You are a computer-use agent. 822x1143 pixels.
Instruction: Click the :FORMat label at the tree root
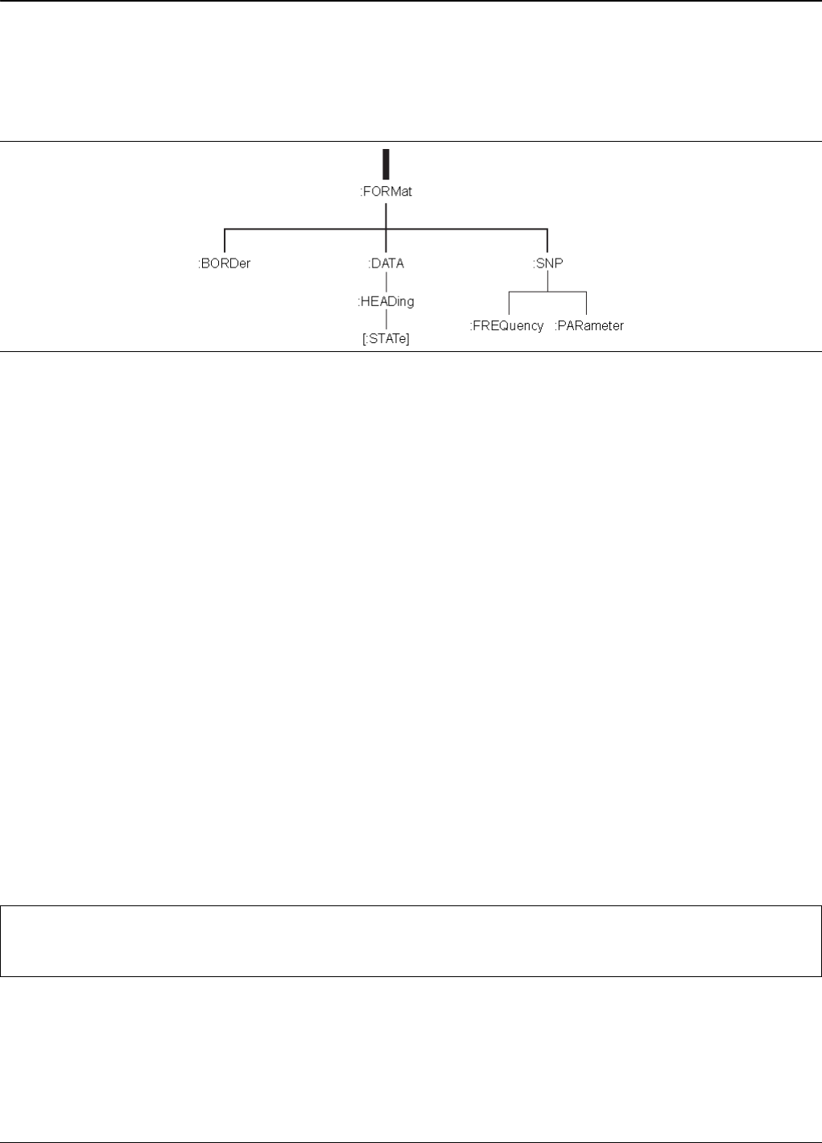pyautogui.click(x=386, y=192)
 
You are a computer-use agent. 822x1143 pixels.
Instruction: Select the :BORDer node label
pyautogui.click(x=225, y=263)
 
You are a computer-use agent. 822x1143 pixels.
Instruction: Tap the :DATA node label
pyautogui.click(x=386, y=263)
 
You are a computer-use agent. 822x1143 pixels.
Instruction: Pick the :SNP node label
pyautogui.click(x=547, y=263)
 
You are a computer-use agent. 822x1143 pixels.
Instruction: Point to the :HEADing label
pyautogui.click(x=386, y=301)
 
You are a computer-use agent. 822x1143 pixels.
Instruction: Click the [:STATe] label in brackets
pyautogui.click(x=386, y=339)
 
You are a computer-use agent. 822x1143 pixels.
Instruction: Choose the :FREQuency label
pyautogui.click(x=507, y=326)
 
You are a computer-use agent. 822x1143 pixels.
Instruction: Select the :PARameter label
pyautogui.click(x=589, y=326)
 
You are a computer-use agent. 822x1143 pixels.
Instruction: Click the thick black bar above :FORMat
pyautogui.click(x=386, y=164)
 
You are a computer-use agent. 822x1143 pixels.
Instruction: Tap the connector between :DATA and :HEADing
pyautogui.click(x=386, y=283)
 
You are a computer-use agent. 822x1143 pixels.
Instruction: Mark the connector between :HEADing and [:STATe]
pyautogui.click(x=386, y=321)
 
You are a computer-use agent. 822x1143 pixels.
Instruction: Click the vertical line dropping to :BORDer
pyautogui.click(x=225, y=241)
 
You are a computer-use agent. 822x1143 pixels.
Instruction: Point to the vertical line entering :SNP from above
pyautogui.click(x=547, y=241)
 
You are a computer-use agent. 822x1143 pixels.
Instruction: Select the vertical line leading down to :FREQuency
pyautogui.click(x=509, y=304)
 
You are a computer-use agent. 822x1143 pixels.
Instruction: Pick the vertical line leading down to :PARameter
pyautogui.click(x=586, y=304)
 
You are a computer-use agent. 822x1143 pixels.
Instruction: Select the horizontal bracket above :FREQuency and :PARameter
pyautogui.click(x=547, y=292)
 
